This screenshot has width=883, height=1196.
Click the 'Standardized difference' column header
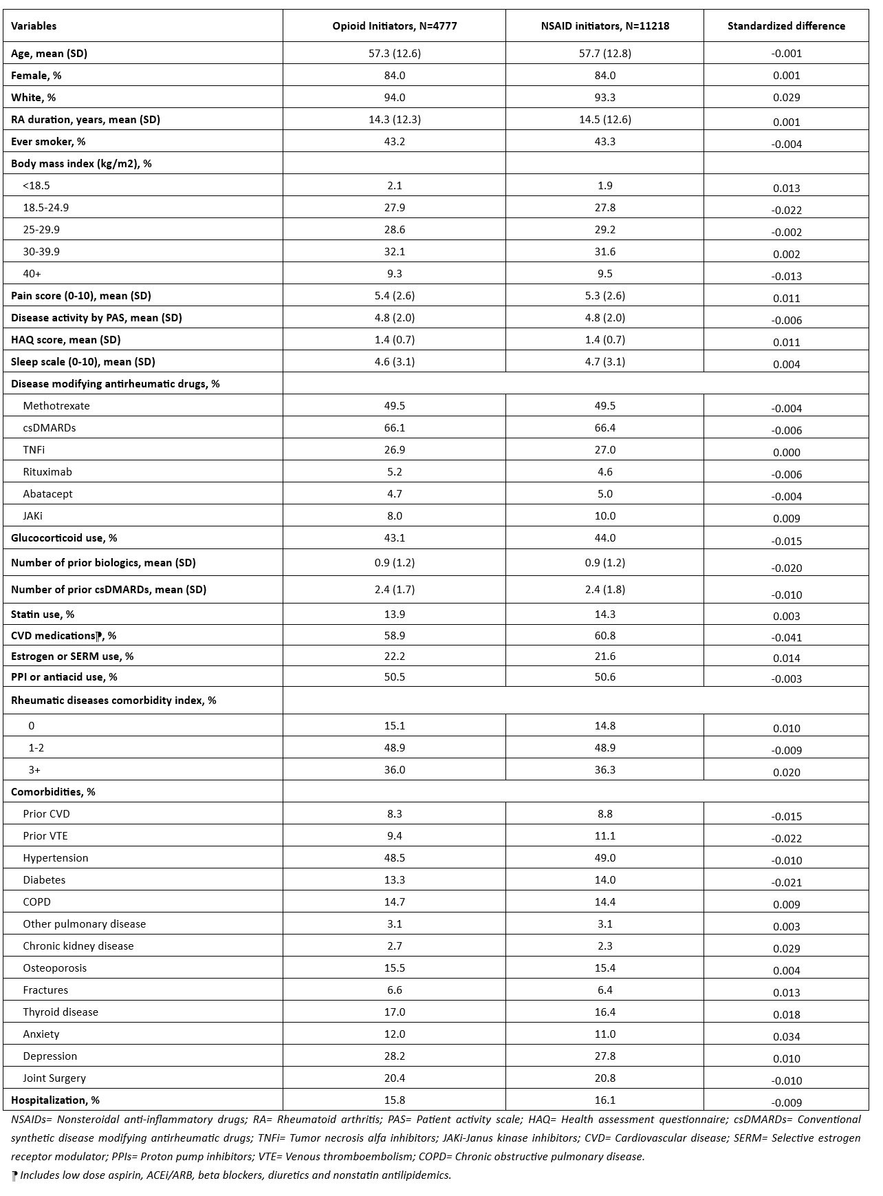(x=786, y=26)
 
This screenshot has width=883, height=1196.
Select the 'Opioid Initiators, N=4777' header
(x=394, y=26)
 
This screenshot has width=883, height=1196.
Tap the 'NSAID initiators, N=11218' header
(x=604, y=26)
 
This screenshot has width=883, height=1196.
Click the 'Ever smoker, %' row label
(x=48, y=142)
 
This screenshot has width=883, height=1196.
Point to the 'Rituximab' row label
(x=47, y=472)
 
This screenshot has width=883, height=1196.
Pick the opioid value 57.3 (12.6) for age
(x=394, y=54)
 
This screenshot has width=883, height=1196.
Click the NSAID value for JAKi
(x=604, y=516)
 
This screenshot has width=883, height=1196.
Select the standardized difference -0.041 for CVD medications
(x=786, y=638)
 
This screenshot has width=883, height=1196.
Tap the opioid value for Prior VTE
(x=394, y=836)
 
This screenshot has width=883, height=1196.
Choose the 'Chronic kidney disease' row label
(x=78, y=946)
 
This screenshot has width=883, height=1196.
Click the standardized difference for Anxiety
(x=786, y=1037)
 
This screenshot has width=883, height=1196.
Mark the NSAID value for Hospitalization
(x=604, y=1100)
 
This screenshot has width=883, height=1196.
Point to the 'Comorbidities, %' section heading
(x=53, y=792)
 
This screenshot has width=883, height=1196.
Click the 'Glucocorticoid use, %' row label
(x=64, y=538)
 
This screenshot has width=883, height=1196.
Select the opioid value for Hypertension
(x=394, y=858)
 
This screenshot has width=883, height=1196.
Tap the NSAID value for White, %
(x=604, y=98)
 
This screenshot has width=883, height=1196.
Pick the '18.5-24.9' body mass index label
(x=45, y=208)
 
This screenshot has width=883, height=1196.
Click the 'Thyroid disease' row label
(x=61, y=1012)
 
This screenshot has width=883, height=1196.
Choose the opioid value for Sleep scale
(x=394, y=362)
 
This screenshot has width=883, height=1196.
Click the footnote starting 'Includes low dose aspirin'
(x=234, y=1175)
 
